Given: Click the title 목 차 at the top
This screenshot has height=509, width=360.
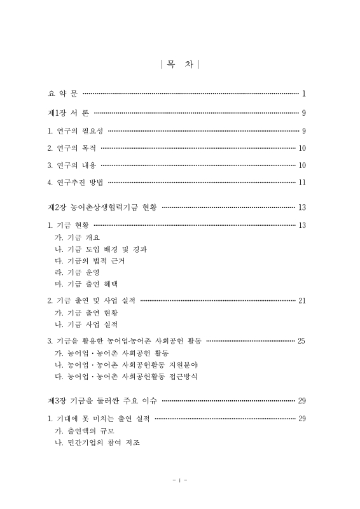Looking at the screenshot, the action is coord(180,64).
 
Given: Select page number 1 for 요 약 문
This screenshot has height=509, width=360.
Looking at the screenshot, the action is coord(304,94).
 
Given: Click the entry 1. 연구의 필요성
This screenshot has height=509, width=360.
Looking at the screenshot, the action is coord(76,132).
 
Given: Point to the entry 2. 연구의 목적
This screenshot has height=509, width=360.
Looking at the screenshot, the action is coord(72,149).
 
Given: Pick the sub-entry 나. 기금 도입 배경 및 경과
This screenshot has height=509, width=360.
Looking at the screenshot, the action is coord(102,249).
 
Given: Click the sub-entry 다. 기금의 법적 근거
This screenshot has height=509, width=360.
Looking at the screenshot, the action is coord(92,260).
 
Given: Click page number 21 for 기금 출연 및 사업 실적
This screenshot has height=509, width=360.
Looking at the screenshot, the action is coord(302,300).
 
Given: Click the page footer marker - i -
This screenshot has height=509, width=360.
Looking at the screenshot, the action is coord(180,480).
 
